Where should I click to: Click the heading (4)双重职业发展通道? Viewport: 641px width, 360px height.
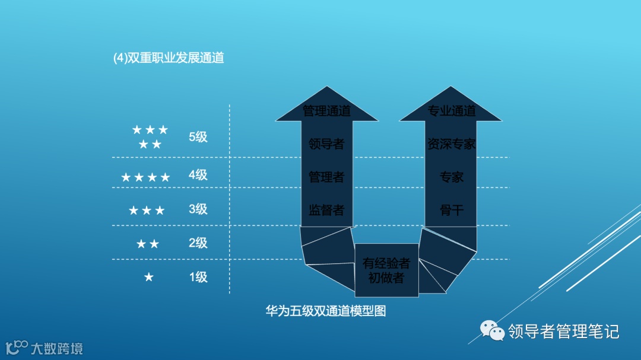(169, 58)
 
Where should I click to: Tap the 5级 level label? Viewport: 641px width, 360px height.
(198, 137)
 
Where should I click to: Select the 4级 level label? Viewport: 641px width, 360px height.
(198, 175)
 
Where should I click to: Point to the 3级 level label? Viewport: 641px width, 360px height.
(198, 209)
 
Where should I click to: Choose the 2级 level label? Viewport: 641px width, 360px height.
(198, 243)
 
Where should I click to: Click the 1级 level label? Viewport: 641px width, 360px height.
(198, 277)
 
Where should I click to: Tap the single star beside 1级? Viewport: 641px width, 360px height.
(149, 277)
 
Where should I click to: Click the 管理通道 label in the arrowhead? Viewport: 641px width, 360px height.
(326, 111)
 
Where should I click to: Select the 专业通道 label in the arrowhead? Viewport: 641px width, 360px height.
(452, 111)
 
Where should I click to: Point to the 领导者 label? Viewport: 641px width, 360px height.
(326, 144)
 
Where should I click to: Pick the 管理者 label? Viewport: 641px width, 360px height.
(326, 177)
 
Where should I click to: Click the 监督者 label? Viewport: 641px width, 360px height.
(326, 209)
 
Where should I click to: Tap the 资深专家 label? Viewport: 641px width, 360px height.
(452, 144)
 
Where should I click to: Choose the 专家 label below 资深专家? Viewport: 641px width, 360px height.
(452, 177)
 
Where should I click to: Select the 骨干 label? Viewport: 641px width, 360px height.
(452, 209)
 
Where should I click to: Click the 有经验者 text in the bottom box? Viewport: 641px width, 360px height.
(386, 263)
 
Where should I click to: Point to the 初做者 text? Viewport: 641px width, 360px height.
(386, 278)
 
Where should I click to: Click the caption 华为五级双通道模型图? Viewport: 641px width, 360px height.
(326, 311)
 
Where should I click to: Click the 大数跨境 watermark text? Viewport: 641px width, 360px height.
(57, 348)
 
